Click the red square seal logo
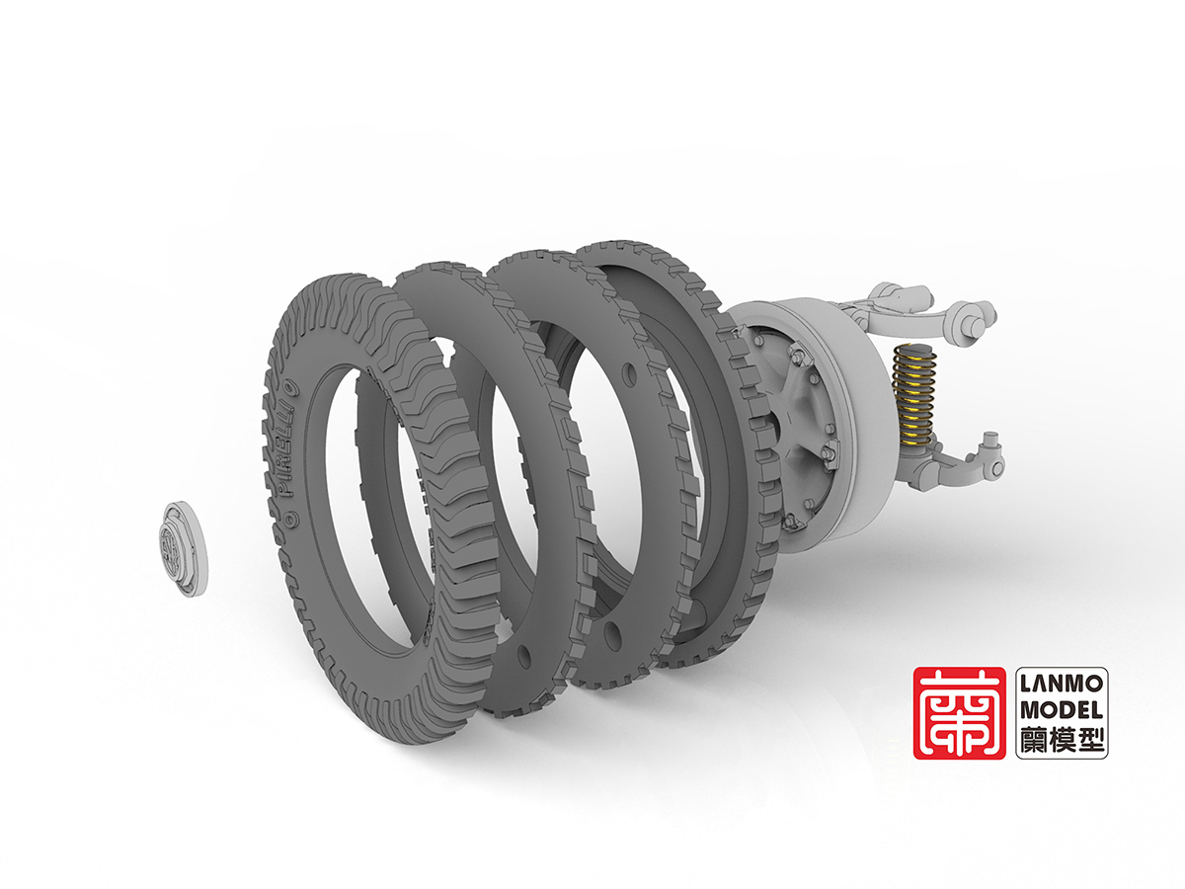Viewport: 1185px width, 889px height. click(959, 713)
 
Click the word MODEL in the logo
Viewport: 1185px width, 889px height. click(1062, 710)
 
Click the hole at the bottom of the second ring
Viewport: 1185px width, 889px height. click(522, 656)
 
